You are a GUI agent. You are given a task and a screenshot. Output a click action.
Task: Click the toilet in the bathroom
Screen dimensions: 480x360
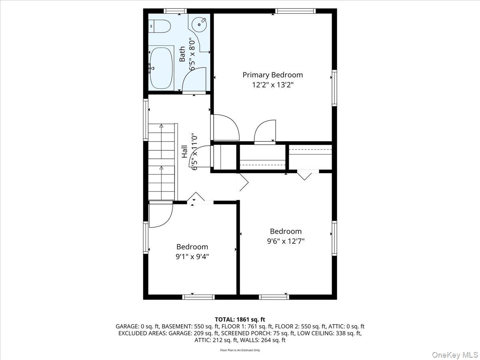[160, 26]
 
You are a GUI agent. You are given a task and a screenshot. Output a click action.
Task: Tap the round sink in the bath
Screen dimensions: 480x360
[199, 24]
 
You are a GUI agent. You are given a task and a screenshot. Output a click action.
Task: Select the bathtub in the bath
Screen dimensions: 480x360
[161, 68]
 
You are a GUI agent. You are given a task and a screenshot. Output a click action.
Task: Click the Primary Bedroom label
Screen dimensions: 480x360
[273, 75]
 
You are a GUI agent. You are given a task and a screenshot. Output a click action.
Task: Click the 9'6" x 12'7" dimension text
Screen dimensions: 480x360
[286, 241]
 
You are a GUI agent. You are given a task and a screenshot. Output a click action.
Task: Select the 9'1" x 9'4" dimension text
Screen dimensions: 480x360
[193, 257]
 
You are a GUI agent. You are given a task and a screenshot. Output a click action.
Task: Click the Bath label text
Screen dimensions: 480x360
[182, 54]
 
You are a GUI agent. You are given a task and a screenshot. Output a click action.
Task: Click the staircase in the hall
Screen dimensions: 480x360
[162, 162]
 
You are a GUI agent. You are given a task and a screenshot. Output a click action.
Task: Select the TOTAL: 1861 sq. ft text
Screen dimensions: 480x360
[240, 319]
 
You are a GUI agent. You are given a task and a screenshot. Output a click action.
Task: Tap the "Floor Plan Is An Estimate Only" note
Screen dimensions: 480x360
[240, 350]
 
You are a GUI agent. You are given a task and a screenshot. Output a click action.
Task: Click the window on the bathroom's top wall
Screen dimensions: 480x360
[175, 10]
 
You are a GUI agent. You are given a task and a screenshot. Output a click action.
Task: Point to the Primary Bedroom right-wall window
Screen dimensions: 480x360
[334, 88]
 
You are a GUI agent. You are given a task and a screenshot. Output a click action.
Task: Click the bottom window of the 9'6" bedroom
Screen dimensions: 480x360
[274, 297]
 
